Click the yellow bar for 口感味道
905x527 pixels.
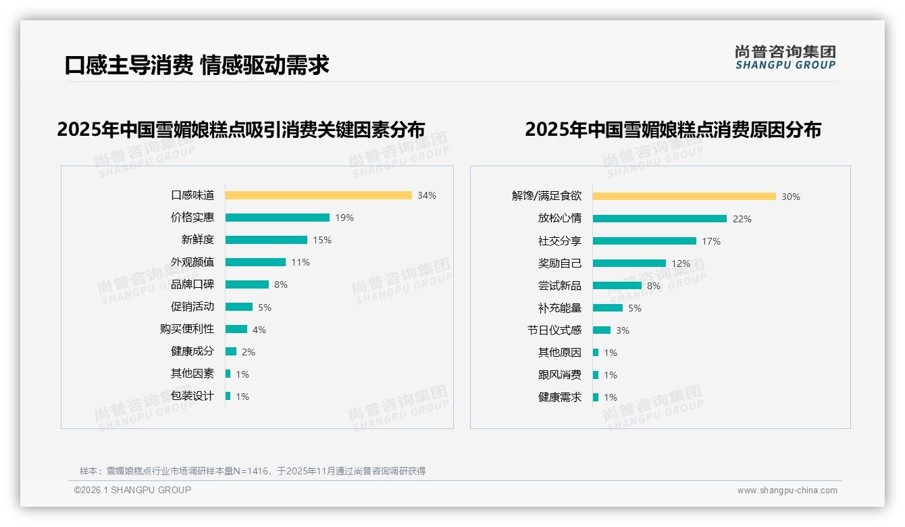tap(318, 195)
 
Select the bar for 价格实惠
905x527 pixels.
tap(277, 218)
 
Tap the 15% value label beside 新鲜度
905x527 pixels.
tap(321, 240)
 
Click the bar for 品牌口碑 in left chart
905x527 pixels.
tap(247, 284)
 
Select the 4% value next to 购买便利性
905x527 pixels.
tap(259, 330)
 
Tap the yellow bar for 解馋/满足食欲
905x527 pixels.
tap(684, 197)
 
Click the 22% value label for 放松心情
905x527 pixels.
tap(742, 219)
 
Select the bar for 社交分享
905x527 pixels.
tap(644, 241)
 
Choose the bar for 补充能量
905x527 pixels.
tap(608, 308)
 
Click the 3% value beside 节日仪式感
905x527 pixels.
tap(622, 330)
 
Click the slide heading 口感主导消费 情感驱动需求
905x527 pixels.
tap(197, 65)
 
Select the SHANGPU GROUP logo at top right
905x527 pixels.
tap(785, 57)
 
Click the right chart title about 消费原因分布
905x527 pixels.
tap(673, 130)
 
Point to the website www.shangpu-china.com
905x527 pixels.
tap(787, 491)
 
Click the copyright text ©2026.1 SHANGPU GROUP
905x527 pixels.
tap(132, 490)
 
